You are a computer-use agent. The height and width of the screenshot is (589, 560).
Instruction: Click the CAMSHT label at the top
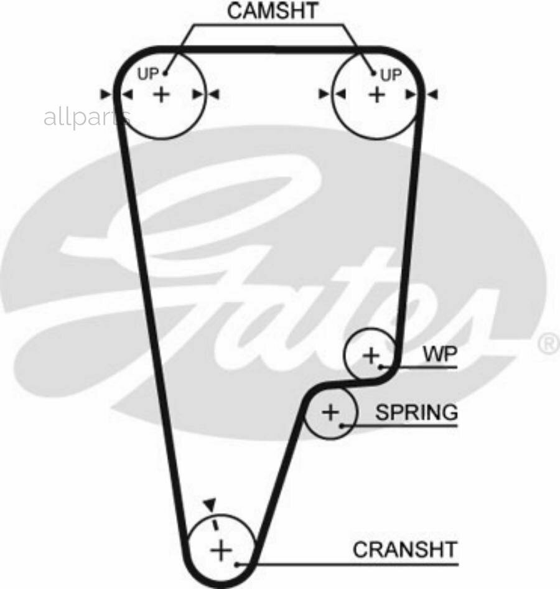273,11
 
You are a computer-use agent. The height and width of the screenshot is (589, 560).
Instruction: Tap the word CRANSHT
405,549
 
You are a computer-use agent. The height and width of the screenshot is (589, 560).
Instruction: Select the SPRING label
417,412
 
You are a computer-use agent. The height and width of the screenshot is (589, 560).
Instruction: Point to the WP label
441,354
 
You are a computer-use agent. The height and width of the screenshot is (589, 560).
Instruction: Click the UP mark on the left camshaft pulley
148,74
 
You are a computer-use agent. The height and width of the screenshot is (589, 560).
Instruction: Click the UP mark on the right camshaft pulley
391,75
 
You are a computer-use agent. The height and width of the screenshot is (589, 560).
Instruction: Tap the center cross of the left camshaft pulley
161,94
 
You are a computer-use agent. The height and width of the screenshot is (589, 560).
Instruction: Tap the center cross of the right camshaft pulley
377,94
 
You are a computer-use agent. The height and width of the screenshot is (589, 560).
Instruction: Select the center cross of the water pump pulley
371,356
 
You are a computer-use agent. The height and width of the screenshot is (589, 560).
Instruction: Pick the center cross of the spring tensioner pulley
330,412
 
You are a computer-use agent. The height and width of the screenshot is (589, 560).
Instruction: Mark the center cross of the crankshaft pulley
222,550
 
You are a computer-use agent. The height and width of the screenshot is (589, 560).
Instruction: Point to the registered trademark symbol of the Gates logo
549,343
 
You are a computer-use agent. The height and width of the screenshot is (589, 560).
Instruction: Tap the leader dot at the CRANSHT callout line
237,564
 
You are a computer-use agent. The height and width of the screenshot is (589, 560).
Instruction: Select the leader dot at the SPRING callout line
342,426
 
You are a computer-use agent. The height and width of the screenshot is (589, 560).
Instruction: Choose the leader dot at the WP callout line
381,367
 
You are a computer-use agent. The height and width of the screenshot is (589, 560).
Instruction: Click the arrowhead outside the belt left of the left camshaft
106,94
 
